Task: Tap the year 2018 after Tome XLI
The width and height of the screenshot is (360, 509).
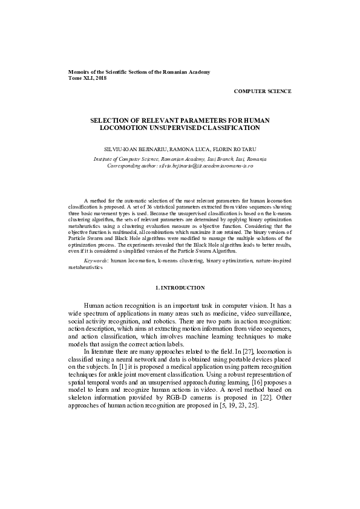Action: point(99,79)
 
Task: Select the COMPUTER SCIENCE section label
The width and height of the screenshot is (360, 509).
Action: point(263,91)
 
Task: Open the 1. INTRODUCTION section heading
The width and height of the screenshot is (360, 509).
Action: point(180,287)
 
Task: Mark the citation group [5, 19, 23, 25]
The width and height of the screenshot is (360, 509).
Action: point(241,406)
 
